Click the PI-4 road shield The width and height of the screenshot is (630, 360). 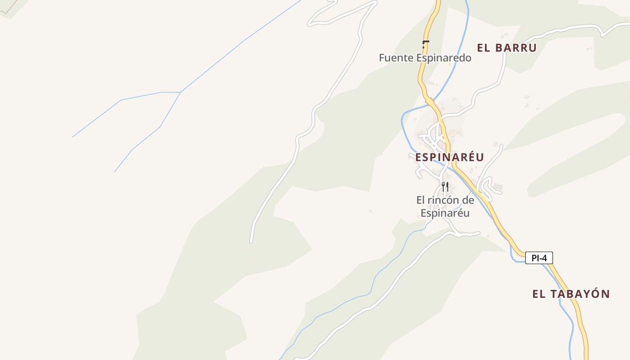[x=539, y=258]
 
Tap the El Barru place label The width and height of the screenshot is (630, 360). [x=507, y=48]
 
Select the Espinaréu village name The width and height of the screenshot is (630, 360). [x=449, y=157]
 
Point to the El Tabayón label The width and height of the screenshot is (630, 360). [x=571, y=294]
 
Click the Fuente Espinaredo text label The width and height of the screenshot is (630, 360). [x=425, y=58]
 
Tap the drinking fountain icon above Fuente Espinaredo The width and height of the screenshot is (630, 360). [x=425, y=44]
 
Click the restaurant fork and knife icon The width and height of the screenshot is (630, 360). [x=445, y=186]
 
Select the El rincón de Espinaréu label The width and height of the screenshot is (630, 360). [x=445, y=207]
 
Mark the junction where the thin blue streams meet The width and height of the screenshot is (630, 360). [x=180, y=92]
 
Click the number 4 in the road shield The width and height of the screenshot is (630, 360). [x=545, y=258]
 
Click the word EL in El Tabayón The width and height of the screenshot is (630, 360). [x=539, y=294]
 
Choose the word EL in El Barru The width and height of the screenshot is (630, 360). [x=484, y=48]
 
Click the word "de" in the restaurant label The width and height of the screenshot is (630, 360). [x=468, y=200]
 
